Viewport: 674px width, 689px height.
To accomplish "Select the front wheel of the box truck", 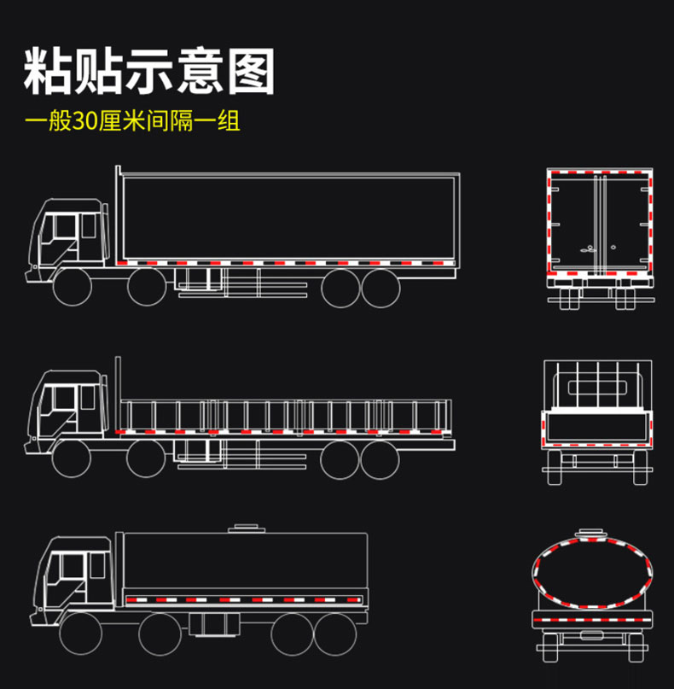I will (72, 288).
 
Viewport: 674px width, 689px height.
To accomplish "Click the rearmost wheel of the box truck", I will (381, 288).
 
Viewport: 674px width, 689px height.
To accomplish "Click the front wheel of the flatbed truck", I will (72, 459).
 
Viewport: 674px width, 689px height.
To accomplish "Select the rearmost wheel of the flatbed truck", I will (381, 459).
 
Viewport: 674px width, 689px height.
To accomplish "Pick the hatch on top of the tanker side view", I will (244, 528).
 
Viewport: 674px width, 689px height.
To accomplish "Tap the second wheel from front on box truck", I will (147, 288).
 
